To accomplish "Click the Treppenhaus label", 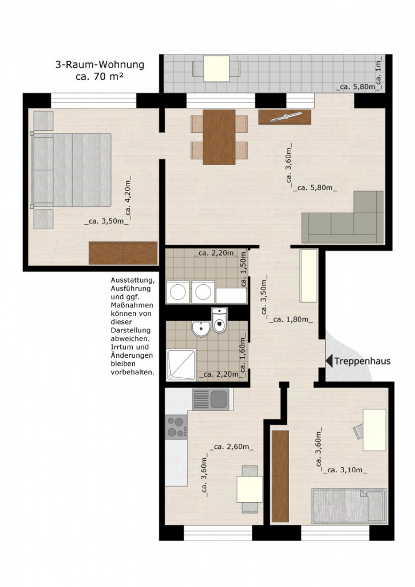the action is [362, 361].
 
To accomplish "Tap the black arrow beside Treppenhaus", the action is [329, 361].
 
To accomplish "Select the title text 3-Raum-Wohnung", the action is [100, 65].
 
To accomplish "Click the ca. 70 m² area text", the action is [100, 77].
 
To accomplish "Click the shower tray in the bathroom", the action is [181, 365].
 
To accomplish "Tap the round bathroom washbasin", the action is [201, 328].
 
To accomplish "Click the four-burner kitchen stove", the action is [176, 426].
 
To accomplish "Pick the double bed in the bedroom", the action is [71, 170].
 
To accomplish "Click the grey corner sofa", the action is [342, 217].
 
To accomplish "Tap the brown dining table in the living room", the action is [219, 137].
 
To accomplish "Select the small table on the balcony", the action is [216, 69].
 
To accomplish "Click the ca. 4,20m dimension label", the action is [128, 198].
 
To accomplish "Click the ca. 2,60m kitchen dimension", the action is [232, 447].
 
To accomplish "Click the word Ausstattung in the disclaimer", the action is [132, 280].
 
